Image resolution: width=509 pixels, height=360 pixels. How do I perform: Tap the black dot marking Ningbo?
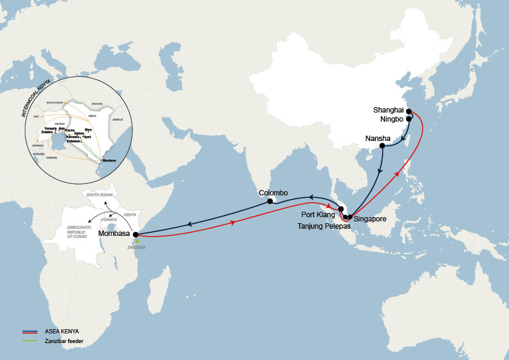coord(409,119)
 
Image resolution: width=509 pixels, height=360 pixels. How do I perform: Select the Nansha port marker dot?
coord(382,146)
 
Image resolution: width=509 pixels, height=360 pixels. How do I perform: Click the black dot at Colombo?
coord(271,202)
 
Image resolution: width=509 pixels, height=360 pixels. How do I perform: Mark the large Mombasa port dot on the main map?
coord(135,234)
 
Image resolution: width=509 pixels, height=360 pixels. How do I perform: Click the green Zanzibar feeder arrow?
coord(138,240)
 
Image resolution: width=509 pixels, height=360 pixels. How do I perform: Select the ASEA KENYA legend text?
coord(62,332)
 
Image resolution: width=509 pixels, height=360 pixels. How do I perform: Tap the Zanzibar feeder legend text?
coord(64,341)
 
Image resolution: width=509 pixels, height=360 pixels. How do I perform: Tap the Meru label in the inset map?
coord(88,129)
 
